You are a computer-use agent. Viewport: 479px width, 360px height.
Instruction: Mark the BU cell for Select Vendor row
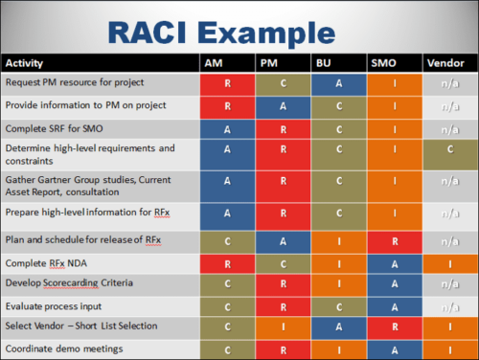click(339, 326)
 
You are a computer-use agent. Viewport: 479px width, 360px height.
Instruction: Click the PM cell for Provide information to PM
click(284, 105)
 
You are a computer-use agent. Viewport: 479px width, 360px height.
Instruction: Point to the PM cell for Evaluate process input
click(284, 305)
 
